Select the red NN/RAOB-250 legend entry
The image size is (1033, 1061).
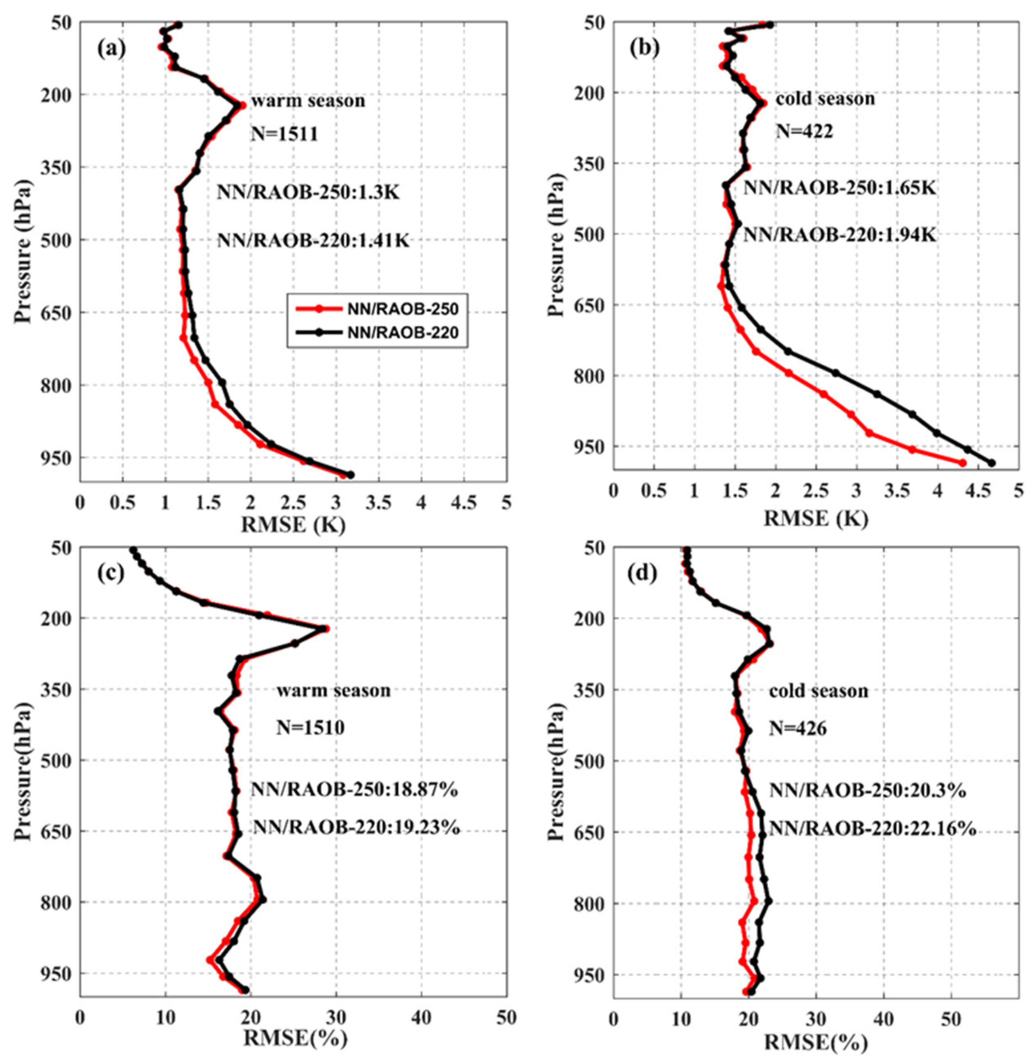point(374,309)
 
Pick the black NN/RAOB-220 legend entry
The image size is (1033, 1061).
point(374,333)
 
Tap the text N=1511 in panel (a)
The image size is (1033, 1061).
point(284,134)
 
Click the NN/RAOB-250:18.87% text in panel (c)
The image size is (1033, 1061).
point(354,790)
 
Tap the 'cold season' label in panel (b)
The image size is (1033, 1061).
point(825,99)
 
